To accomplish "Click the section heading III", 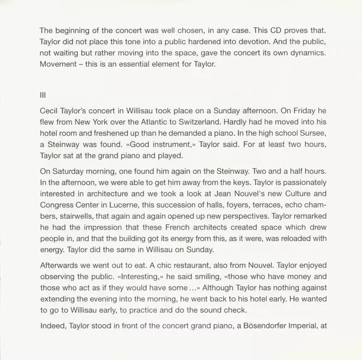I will (x=41, y=94).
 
